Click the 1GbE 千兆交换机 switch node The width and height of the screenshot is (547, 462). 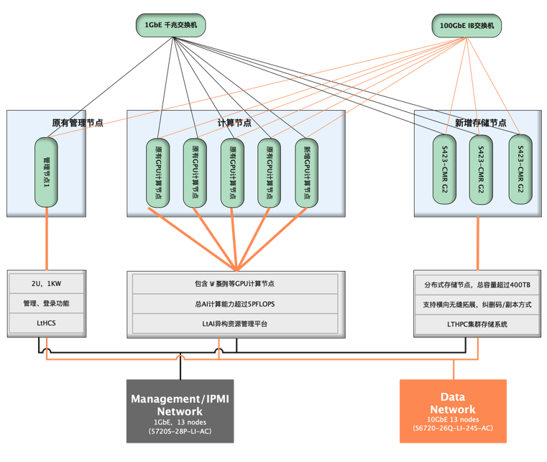coord(170,27)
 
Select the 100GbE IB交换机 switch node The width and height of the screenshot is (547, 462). coord(467,27)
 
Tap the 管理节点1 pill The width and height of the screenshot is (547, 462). coord(46,172)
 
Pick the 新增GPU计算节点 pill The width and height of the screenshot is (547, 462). coord(307,172)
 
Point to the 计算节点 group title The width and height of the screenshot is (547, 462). coord(234,123)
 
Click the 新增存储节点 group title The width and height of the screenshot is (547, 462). coord(480,123)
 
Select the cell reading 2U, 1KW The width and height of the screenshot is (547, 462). coord(47,284)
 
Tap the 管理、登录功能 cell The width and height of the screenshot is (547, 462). coord(47,304)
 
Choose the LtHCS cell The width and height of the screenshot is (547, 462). coord(47,324)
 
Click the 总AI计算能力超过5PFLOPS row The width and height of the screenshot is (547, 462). coord(234,304)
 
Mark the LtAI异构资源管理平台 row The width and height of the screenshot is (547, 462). coord(234,324)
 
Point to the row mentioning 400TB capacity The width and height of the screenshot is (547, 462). coord(477,285)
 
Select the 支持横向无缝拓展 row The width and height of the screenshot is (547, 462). coord(477,305)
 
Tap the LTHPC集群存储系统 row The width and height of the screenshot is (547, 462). coord(477,325)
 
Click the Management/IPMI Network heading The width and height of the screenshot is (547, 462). coord(180,405)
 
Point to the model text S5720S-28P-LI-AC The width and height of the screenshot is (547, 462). coord(180,431)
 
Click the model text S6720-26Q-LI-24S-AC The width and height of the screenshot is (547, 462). coord(453,428)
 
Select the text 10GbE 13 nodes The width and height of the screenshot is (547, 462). coord(453,420)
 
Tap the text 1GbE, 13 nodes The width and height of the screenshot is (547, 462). coord(180,422)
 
